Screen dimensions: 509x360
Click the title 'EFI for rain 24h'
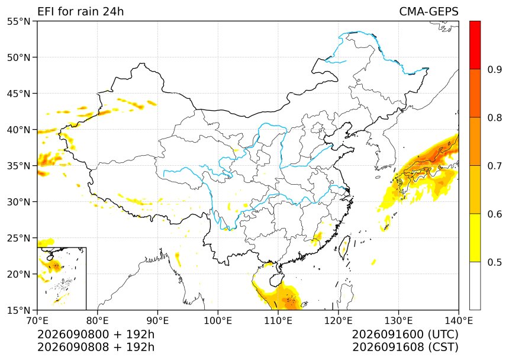coord(80,11)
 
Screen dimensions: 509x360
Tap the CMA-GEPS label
coord(429,11)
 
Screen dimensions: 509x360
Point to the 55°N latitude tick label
coord(18,21)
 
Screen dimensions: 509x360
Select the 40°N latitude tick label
coord(18,130)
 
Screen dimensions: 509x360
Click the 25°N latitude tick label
coord(18,238)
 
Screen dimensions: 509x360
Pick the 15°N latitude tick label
coord(18,310)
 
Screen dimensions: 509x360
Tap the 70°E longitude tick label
coord(37,321)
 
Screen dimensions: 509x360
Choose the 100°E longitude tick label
coord(218,321)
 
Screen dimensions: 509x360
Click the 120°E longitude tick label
coord(339,321)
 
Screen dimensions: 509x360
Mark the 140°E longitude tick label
coord(459,321)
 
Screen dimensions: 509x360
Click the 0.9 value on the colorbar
coord(495,69)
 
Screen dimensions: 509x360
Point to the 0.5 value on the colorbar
coord(495,262)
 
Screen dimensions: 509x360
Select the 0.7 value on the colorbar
coord(495,166)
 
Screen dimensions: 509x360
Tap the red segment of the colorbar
coord(475,45)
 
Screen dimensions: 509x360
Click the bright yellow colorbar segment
coord(475,237)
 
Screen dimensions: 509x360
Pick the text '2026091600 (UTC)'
coord(405,334)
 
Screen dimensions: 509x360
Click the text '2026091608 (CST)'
coord(405,347)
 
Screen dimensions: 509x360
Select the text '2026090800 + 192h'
coord(96,334)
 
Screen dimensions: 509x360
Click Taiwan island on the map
coord(344,247)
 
